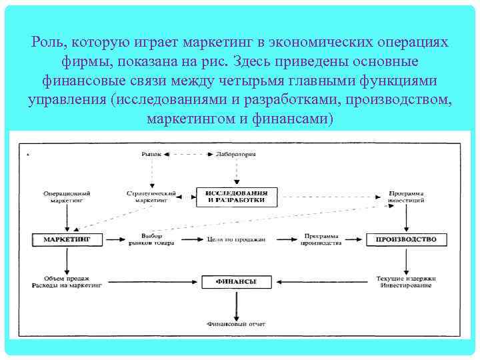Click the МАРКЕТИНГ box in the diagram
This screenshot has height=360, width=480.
point(67,239)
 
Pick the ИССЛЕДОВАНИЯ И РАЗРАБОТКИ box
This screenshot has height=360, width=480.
point(236,196)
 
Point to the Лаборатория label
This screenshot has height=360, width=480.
point(236,154)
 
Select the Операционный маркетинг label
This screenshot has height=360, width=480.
point(67,196)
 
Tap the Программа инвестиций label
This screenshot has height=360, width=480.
point(406,196)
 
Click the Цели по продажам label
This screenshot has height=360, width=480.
point(236,239)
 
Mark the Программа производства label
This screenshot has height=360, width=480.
point(321,239)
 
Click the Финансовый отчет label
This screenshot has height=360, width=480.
point(236,325)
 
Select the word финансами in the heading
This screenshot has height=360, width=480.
point(297,119)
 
